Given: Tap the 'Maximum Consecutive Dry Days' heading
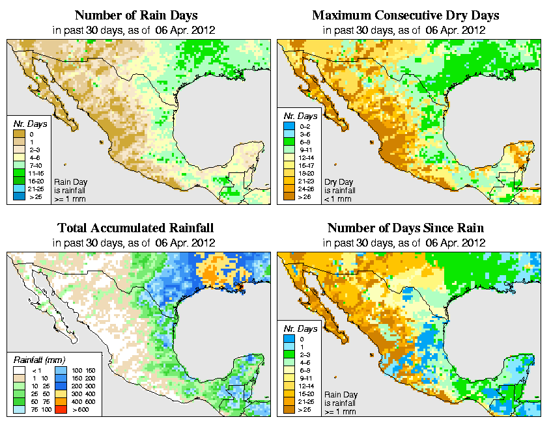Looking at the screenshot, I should point(406,15).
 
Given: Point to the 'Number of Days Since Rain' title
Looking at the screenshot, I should point(406,228).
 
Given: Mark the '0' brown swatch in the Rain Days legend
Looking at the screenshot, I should point(20,134).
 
